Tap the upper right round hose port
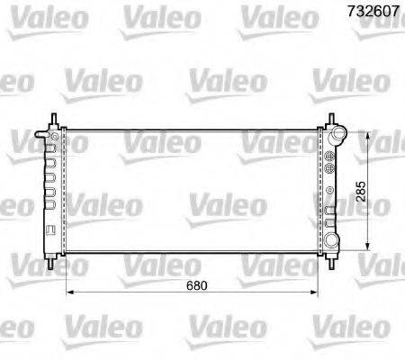click(x=339, y=137)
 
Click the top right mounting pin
click(x=331, y=121)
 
